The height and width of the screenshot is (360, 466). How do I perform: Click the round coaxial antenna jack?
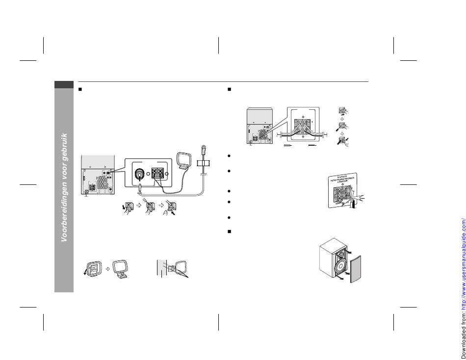140,175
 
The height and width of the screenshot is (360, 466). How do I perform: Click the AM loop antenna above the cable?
185,162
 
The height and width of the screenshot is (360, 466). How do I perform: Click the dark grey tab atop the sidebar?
64,85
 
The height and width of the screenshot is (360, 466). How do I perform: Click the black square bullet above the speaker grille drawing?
229,231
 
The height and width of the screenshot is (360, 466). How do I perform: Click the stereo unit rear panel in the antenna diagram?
98,177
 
